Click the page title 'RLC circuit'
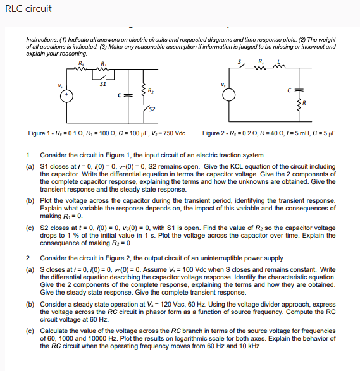point(28,9)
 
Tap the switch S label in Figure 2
point(239,61)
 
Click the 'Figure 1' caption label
point(40,133)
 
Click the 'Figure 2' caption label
point(214,133)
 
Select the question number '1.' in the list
point(29,155)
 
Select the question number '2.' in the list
point(29,258)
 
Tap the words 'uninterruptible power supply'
point(261,258)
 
